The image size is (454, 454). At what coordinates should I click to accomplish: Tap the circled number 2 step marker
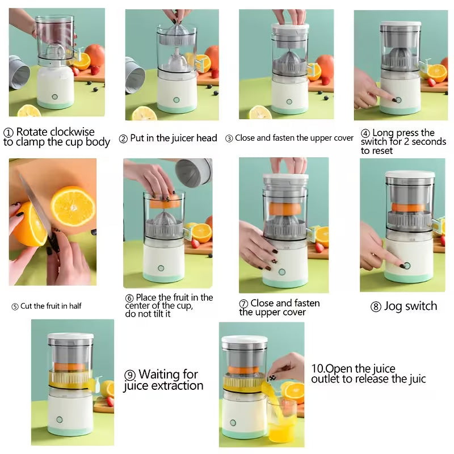pos(123,138)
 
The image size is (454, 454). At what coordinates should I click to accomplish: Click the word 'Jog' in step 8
pos(395,306)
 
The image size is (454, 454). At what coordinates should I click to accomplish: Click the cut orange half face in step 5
pos(72,205)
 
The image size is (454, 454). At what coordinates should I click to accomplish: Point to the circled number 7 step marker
pos(243,304)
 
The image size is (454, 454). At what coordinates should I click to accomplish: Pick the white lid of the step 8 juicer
pos(410,174)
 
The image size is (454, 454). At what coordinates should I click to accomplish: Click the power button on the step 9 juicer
pos(58,420)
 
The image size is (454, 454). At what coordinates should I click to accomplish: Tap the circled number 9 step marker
pos(130,375)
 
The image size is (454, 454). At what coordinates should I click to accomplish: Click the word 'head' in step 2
pos(206,138)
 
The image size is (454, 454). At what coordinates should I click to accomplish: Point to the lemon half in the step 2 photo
pos(144,113)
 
